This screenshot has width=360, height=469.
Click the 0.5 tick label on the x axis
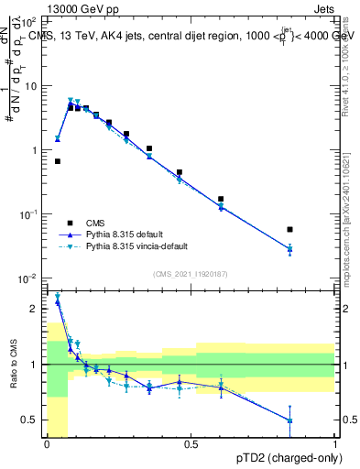191,444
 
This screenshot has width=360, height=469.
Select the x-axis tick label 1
334,444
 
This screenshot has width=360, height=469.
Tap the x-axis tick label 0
47,444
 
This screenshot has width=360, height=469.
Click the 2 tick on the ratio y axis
34,309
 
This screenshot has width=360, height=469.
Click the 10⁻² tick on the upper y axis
29,278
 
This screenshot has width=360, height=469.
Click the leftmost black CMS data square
58,161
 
